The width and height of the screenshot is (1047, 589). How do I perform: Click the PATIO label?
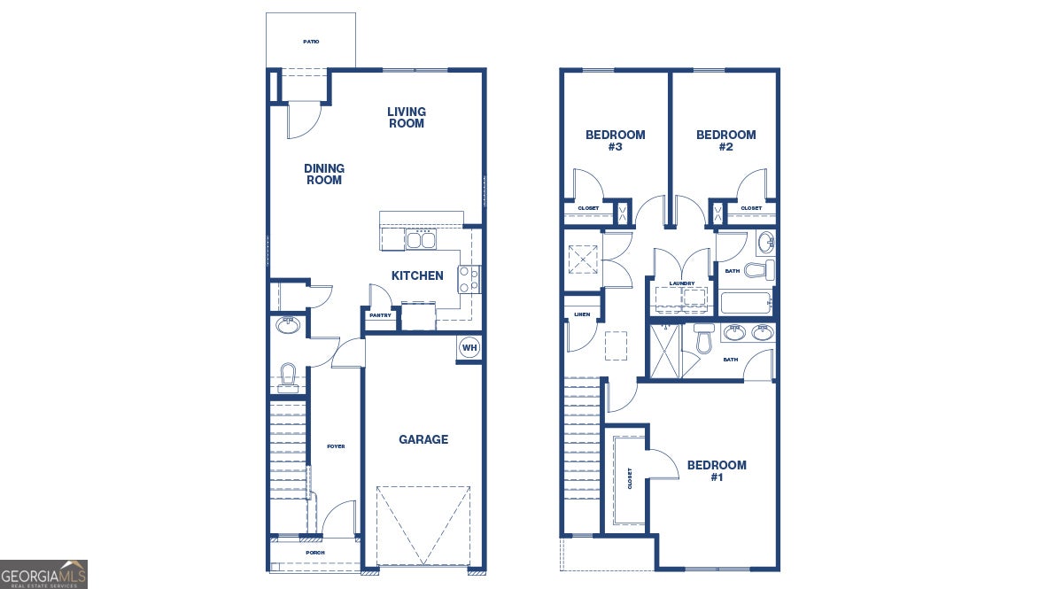311,42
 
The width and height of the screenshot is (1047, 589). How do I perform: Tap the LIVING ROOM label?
406,118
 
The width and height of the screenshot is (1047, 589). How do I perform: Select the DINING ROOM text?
323,174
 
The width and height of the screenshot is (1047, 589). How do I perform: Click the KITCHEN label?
417,275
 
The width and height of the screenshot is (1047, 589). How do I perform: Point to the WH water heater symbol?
469,347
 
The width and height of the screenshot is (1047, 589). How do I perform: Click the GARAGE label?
423,439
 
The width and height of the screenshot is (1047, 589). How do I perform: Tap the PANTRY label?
380,315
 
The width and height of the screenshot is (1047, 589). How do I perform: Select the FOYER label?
336,446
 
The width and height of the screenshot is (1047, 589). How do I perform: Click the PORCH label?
314,553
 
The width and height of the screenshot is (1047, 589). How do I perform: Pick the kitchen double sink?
421,239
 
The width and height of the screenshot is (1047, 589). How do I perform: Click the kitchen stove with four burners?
469,279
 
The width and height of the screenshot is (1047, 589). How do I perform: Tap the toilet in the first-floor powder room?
287,376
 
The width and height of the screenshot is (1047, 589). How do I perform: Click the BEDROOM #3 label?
616,141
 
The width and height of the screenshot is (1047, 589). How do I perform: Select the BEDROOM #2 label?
726,141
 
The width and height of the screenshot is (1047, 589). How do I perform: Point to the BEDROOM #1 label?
717,470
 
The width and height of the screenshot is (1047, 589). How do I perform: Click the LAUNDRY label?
682,283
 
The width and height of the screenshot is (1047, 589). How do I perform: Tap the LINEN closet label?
582,314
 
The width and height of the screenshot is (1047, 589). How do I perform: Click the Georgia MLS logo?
43,574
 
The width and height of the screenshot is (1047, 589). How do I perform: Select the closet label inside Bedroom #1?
630,478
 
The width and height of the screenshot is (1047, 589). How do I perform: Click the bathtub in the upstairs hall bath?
747,304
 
